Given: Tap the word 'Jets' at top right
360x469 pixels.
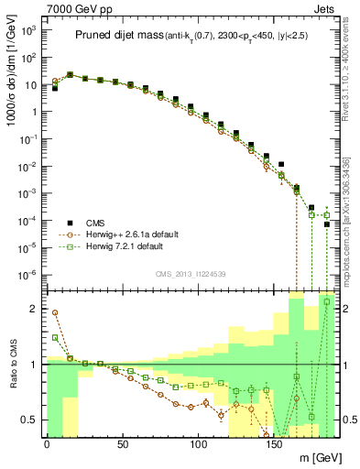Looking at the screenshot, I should point(326,8).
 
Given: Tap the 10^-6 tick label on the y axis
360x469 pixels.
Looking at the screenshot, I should point(29,275).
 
